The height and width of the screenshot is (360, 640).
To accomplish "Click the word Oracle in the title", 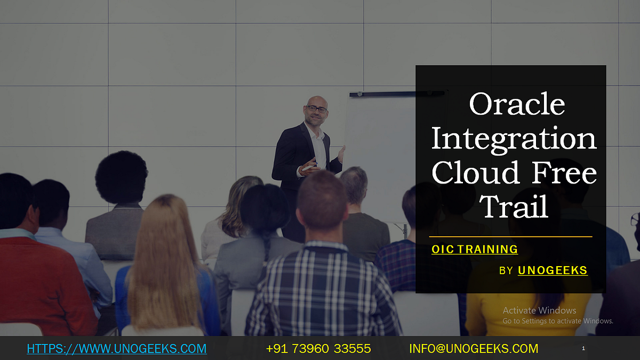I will [516, 104].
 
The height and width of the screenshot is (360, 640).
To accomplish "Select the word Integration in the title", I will [513, 138].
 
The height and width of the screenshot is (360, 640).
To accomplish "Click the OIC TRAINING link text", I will [475, 249].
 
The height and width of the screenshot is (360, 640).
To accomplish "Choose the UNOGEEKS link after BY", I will [553, 270].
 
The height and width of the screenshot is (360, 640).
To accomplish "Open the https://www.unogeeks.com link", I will [116, 349].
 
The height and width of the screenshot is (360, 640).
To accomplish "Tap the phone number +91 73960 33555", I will [318, 349].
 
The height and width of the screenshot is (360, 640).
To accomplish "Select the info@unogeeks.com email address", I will [474, 349].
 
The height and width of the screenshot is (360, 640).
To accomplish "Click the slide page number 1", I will [583, 348].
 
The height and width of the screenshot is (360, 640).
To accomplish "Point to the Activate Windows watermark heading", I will [539, 310].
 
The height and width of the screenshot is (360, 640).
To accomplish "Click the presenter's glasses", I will [317, 109].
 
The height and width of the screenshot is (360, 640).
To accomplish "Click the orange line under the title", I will [510, 236].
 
